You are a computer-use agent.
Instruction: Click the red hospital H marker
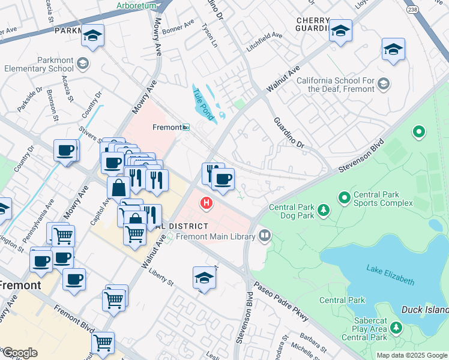[207, 203]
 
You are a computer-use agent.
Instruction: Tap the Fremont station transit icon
[187, 127]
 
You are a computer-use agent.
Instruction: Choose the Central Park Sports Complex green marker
[345, 197]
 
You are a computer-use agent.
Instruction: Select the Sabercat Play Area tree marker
[396, 328]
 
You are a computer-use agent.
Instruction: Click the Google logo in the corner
[20, 353]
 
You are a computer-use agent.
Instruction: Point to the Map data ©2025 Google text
[411, 355]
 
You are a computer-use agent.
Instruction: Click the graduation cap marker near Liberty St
[204, 278]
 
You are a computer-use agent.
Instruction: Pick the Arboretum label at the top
[136, 5]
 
